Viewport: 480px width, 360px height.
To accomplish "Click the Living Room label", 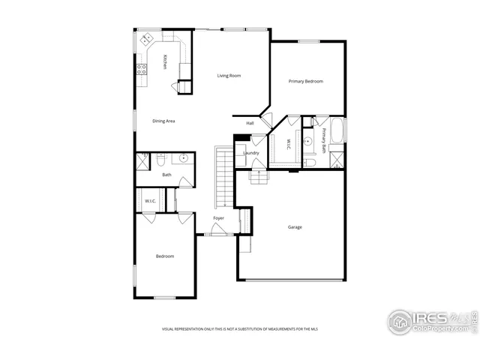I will [x=229, y=76].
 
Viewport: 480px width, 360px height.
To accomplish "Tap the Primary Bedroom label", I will [x=306, y=81].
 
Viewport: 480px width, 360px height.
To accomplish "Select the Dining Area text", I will [x=163, y=121].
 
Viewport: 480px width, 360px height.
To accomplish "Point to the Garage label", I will [x=295, y=226].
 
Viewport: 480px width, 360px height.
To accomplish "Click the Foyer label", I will [x=218, y=218].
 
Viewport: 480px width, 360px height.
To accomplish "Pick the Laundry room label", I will [x=250, y=153].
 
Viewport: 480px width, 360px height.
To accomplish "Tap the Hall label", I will [x=250, y=123].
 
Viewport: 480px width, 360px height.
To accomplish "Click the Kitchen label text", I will [x=164, y=64].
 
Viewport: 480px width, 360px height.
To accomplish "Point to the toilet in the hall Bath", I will [x=160, y=159].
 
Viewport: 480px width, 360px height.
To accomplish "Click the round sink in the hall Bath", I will [x=183, y=159].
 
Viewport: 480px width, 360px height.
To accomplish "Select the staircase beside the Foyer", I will [x=223, y=177].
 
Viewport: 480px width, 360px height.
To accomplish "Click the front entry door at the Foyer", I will [x=217, y=235].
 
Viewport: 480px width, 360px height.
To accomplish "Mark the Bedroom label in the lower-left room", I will [x=165, y=256].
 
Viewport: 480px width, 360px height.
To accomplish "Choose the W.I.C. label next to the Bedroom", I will [x=149, y=201].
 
